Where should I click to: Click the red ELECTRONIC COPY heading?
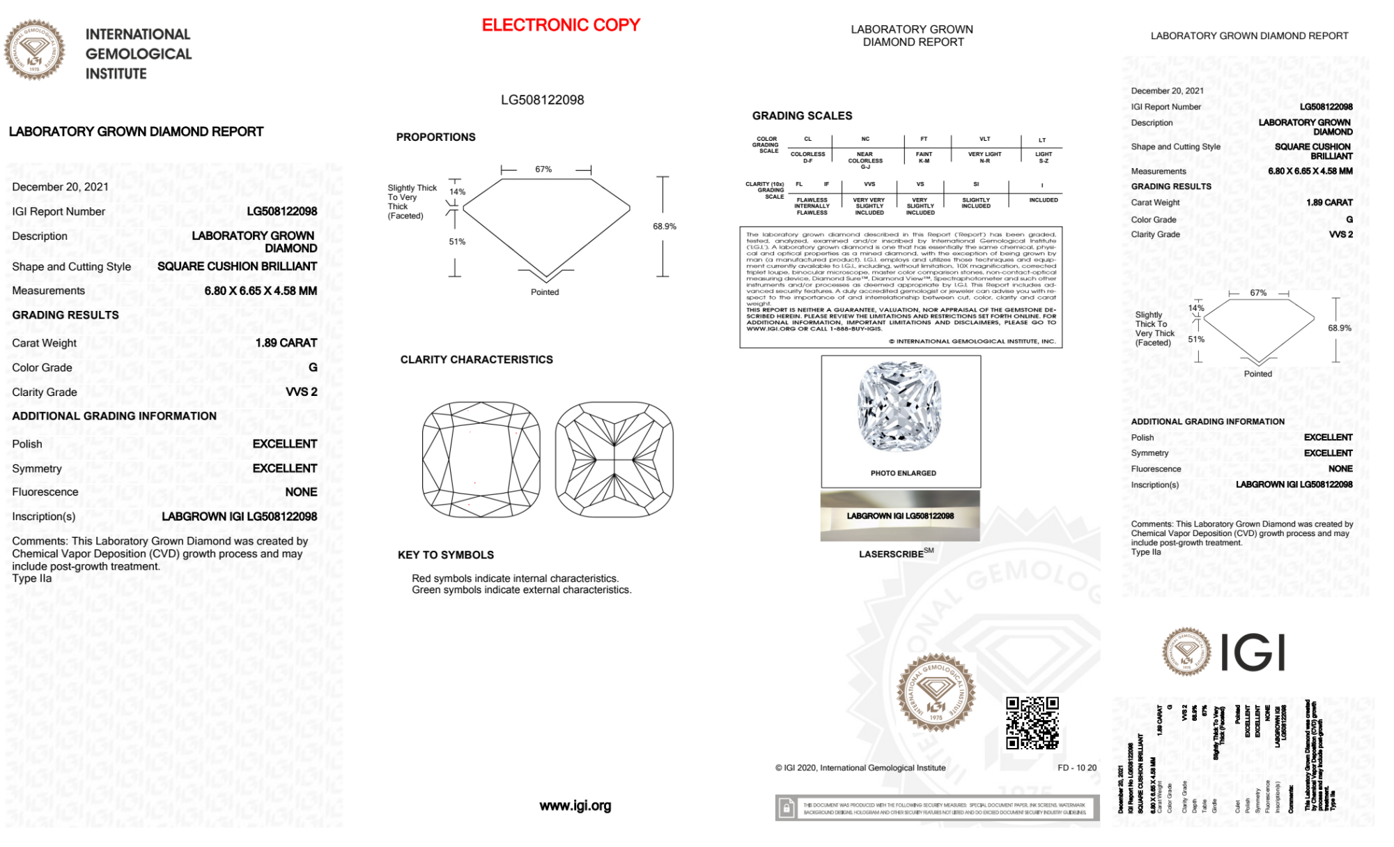[x=561, y=25]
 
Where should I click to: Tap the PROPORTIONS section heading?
[x=435, y=137]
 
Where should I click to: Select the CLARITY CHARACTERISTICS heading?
[x=477, y=360]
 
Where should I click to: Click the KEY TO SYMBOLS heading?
[x=446, y=555]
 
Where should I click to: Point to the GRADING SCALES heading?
[x=802, y=116]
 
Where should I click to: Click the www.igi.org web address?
[x=575, y=806]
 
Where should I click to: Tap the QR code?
[x=1032, y=723]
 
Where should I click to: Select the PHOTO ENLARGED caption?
[x=903, y=473]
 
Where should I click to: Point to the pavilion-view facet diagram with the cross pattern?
[x=614, y=459]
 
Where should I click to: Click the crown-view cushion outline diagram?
[x=481, y=459]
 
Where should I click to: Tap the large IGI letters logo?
[x=1253, y=653]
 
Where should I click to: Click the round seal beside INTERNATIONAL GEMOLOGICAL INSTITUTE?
[x=34, y=50]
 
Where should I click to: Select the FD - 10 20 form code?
[x=1076, y=768]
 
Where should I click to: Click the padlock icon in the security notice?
[x=787, y=809]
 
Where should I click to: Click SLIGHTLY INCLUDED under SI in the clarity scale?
[x=975, y=203]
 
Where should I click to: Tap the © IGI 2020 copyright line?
[x=860, y=768]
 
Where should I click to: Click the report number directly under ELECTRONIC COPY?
[x=542, y=100]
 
